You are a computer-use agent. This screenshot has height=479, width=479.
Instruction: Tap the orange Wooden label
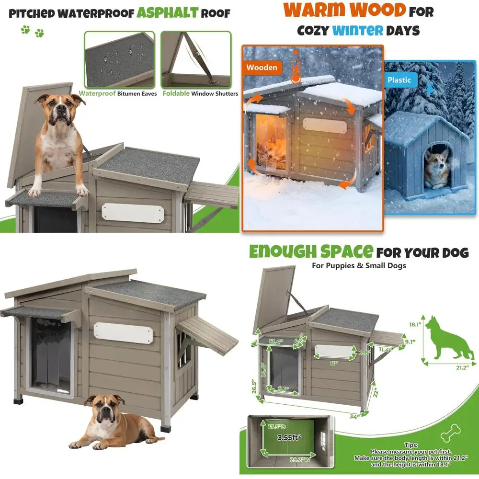point(262,68)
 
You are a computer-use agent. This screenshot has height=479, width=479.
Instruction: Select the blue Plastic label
point(399,80)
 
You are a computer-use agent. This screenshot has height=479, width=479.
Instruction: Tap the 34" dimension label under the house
point(354,417)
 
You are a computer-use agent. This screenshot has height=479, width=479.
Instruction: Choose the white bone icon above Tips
point(451,433)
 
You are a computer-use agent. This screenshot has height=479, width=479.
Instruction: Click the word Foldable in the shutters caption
point(176,94)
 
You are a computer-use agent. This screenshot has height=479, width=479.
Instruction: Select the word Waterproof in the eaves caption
point(97,94)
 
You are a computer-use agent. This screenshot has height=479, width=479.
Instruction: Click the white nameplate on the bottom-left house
point(123,332)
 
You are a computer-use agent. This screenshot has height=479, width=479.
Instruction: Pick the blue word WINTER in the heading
point(358,31)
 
